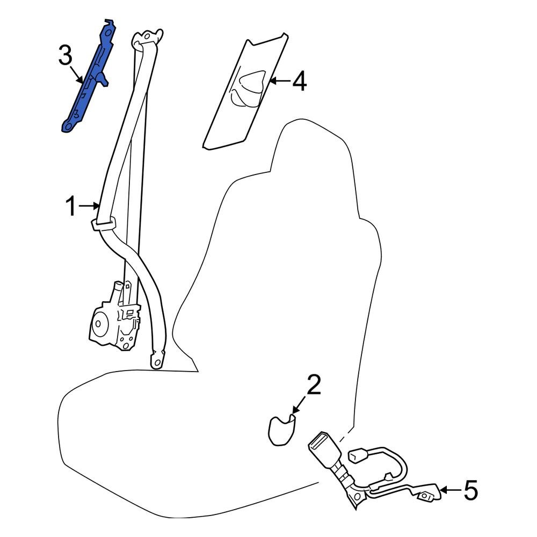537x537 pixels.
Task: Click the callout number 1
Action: tap(72, 206)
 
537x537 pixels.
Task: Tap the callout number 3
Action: tap(64, 55)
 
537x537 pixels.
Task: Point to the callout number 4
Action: tap(299, 82)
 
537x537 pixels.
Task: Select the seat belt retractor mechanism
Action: tap(114, 319)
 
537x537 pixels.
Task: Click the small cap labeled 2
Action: tap(281, 429)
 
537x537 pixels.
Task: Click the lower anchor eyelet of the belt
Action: tap(157, 361)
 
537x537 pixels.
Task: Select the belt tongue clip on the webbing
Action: tap(105, 223)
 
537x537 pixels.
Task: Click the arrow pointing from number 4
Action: tap(278, 82)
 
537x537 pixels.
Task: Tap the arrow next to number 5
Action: tap(450, 490)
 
